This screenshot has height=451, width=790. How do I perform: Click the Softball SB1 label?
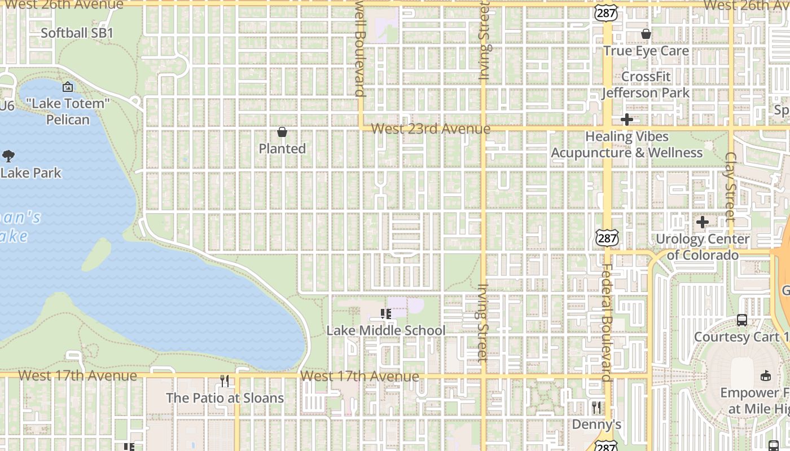(77, 33)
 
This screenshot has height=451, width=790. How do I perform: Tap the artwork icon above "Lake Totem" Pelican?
(68, 87)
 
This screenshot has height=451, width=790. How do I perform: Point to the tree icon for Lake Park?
(8, 156)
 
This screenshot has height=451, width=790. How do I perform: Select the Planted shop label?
(282, 149)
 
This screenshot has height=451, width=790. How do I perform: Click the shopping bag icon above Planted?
(282, 132)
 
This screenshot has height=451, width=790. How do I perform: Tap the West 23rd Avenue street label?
(431, 129)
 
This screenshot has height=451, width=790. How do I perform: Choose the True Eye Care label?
(646, 51)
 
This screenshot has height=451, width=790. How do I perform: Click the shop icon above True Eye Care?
(646, 34)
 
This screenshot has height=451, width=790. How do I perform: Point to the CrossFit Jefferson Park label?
(646, 85)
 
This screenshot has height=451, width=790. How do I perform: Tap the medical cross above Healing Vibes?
(626, 120)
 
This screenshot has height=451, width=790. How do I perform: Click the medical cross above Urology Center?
(702, 222)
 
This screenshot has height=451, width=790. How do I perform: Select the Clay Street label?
(731, 186)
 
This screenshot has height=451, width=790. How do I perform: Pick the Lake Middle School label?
(386, 330)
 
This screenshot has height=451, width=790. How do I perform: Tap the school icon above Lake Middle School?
(386, 313)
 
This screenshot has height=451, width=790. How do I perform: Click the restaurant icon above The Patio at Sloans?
(225, 381)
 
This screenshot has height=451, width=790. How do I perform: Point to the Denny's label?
(596, 424)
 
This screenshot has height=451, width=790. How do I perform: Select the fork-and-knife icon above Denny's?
(596, 407)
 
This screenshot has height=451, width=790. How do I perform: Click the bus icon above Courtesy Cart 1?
(742, 320)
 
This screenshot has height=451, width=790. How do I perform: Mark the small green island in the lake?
(97, 254)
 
